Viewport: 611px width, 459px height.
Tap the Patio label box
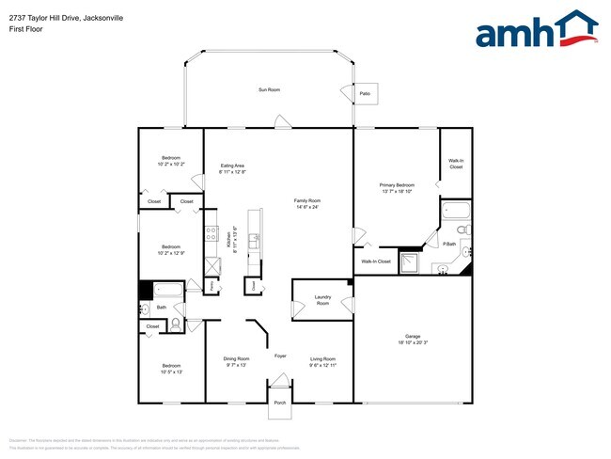[x=366, y=93]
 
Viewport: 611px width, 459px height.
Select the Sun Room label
[x=270, y=90]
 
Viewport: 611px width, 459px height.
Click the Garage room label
[x=412, y=336]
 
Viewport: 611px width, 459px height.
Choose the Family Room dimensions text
[x=307, y=207]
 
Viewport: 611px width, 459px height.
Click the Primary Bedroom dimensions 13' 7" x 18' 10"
[x=397, y=192]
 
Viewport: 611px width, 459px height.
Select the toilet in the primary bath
[x=462, y=229]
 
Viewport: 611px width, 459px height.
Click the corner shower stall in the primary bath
[x=411, y=261]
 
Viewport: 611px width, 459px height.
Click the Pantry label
[x=211, y=283]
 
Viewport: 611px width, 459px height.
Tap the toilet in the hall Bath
[x=175, y=324]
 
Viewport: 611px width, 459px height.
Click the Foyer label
[x=280, y=356]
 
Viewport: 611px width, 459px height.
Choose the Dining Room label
[x=237, y=358]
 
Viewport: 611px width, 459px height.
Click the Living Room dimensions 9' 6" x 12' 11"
[x=322, y=365]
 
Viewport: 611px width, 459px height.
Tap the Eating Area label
[x=232, y=166]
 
